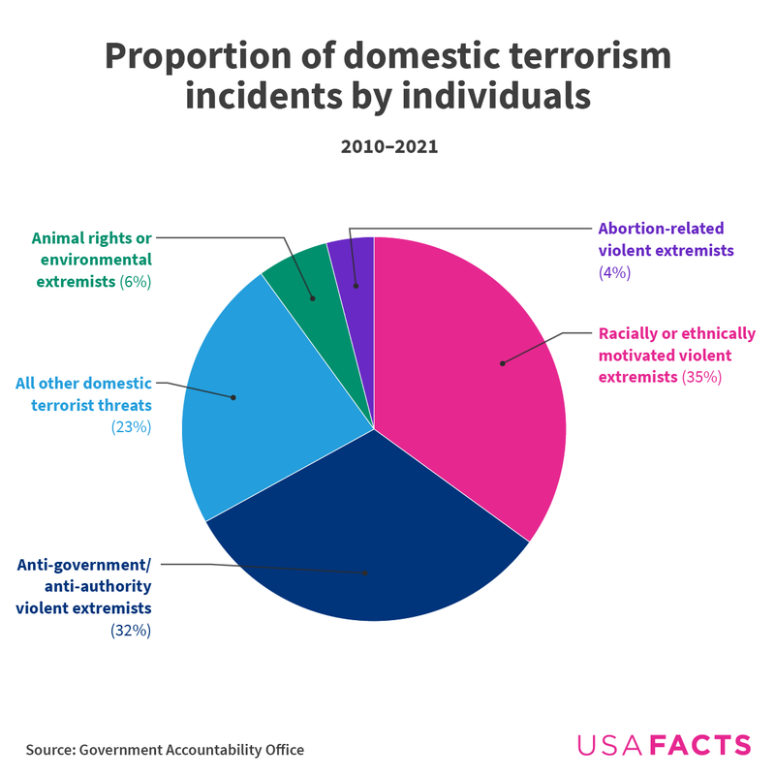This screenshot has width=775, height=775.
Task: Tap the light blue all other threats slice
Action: coord(262,387)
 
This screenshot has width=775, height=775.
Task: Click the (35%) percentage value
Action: coord(702,377)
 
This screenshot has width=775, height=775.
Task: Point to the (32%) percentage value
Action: coord(132,631)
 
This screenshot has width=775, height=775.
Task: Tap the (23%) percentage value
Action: coord(132,426)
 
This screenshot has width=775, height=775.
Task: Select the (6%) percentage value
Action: coord(136,282)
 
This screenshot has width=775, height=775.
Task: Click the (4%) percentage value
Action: coord(615,273)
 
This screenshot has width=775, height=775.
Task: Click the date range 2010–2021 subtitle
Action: coord(388,147)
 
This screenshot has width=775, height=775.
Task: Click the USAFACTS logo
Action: coord(664,745)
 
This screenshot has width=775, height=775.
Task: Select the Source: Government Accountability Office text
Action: coord(165,750)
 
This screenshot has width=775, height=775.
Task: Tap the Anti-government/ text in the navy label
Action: coord(84,567)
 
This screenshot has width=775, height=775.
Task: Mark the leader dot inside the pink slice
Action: coord(502,363)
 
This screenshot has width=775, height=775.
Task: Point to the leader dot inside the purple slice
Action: coord(356,286)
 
